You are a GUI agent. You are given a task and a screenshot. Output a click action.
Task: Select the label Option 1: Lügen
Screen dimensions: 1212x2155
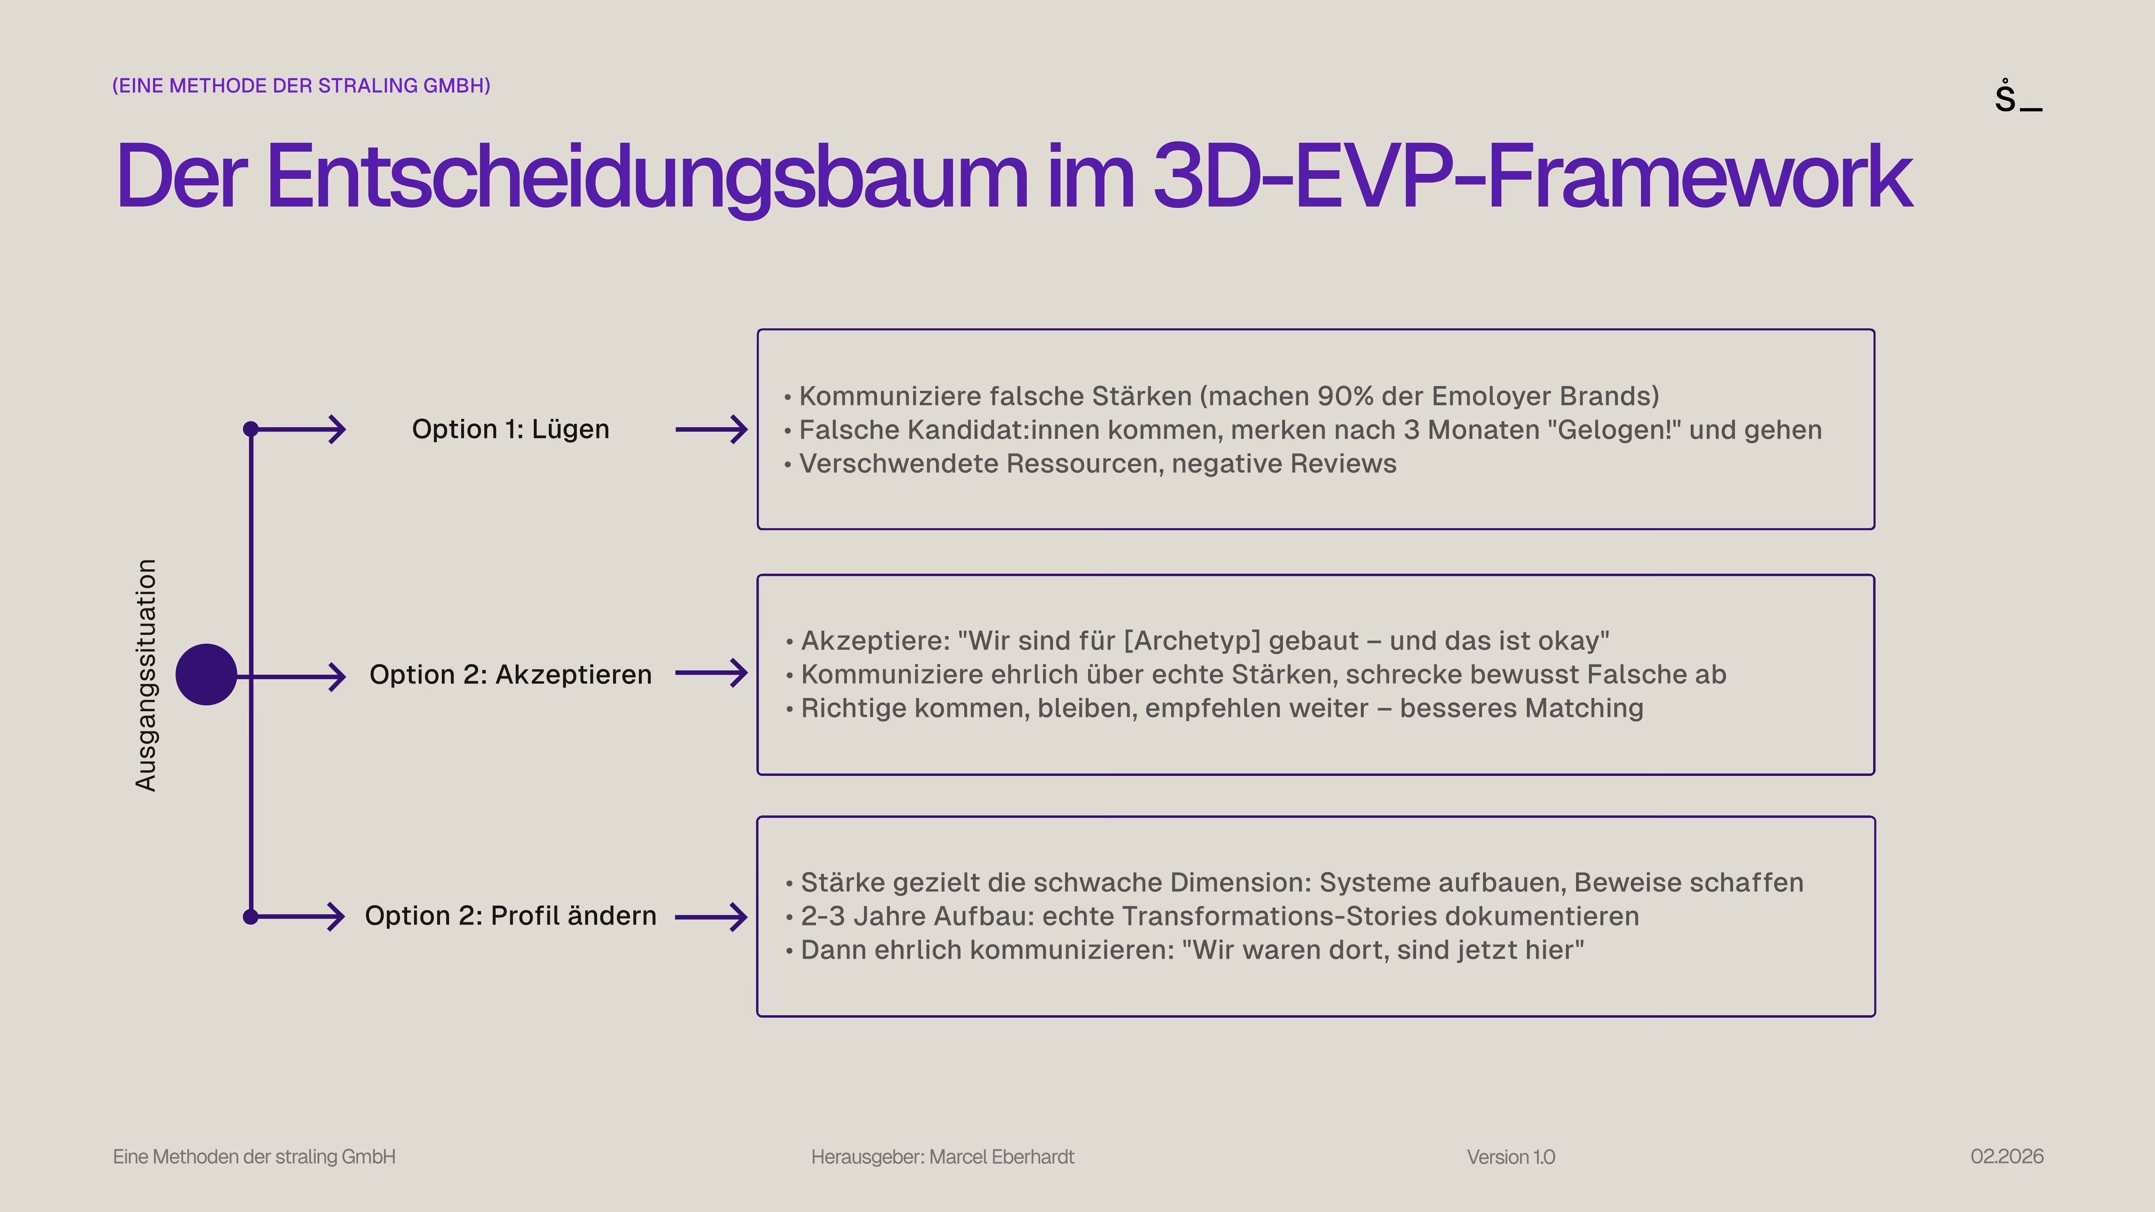(x=510, y=429)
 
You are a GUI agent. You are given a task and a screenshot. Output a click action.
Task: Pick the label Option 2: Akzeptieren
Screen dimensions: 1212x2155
(x=510, y=674)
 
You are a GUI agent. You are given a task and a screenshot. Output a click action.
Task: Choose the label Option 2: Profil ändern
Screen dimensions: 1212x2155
(x=510, y=916)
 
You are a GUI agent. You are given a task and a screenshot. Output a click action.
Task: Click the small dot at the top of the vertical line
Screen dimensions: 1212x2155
(x=250, y=429)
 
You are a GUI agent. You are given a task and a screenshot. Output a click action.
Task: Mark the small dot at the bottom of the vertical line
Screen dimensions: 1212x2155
(x=250, y=917)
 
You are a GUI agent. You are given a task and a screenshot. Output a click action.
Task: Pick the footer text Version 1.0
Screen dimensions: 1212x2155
(x=1511, y=1157)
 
